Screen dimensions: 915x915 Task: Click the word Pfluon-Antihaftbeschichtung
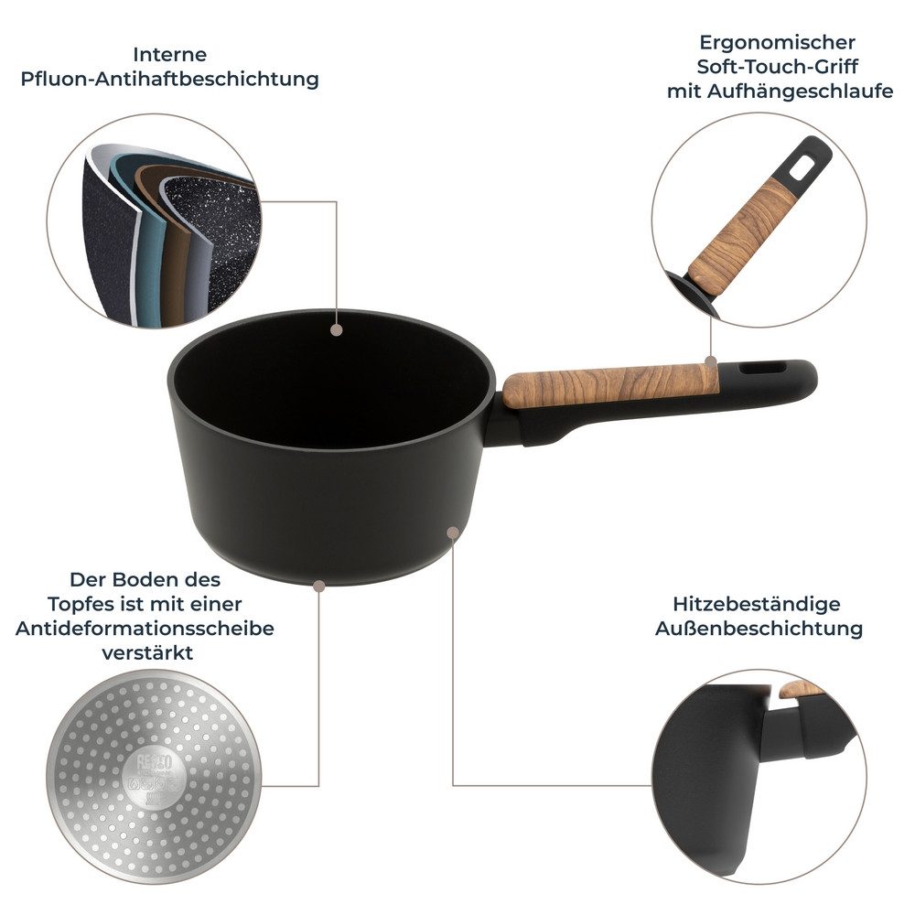tap(169, 79)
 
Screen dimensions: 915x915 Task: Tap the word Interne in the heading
tap(169, 54)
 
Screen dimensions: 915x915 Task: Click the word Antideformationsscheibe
tap(145, 629)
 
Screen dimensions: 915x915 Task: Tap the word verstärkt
tap(145, 653)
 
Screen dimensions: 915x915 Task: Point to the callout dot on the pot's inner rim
tap(337, 328)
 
